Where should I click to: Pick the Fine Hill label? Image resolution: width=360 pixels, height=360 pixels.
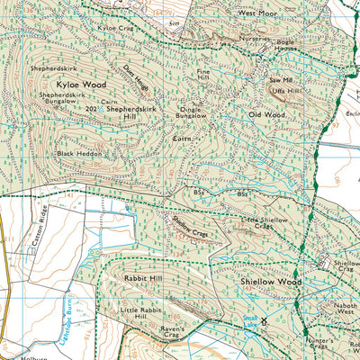tap(202, 75)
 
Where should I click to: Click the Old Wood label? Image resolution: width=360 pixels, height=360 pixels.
tap(266, 115)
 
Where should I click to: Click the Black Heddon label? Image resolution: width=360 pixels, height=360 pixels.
tap(78, 154)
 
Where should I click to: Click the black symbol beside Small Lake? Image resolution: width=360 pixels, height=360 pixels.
tap(265, 320)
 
